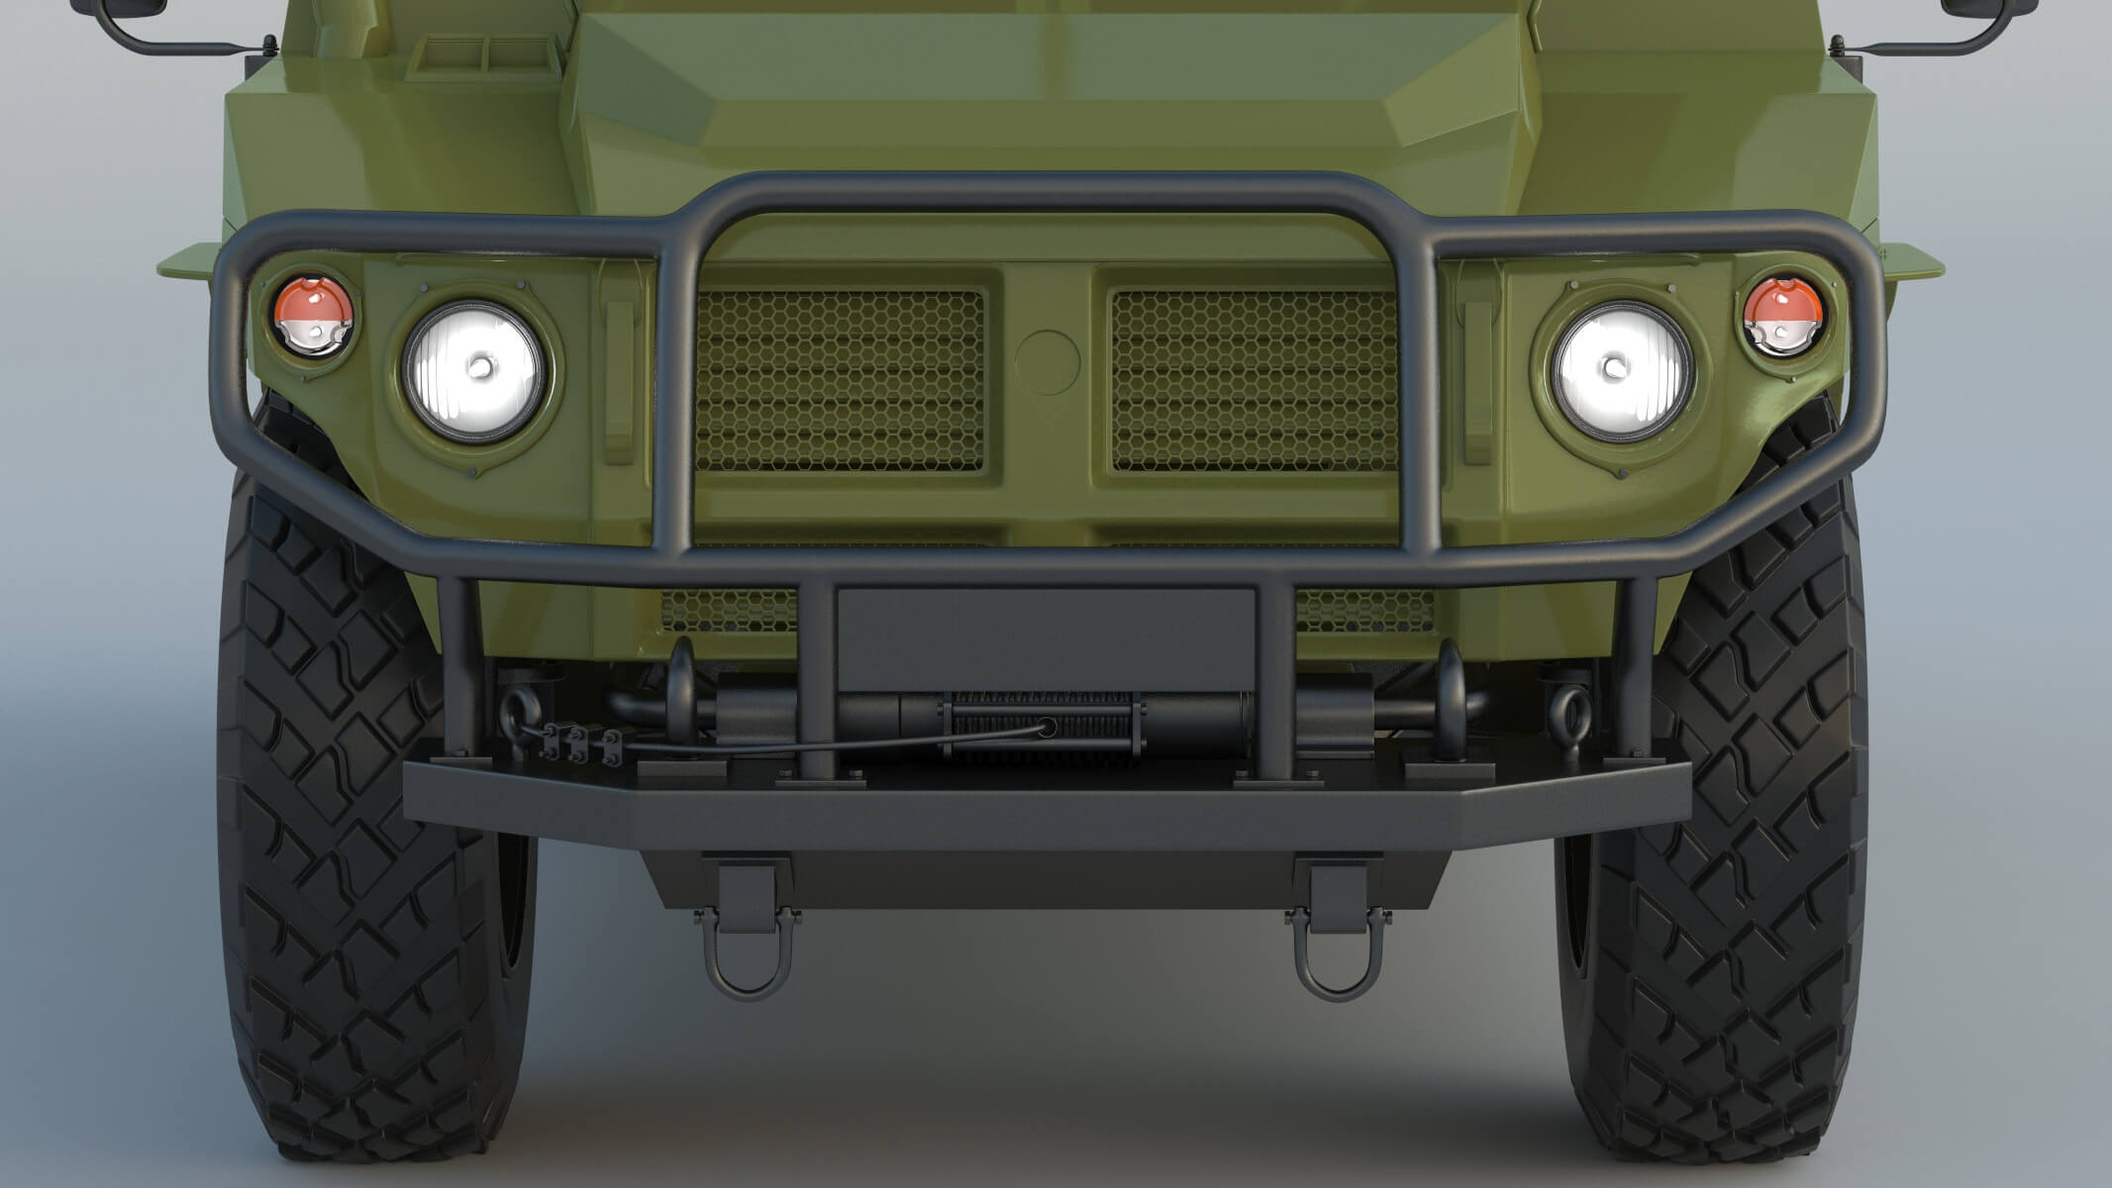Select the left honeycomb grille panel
tap(840, 380)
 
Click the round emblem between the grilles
tap(1048, 358)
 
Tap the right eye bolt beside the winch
tap(1571, 709)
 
